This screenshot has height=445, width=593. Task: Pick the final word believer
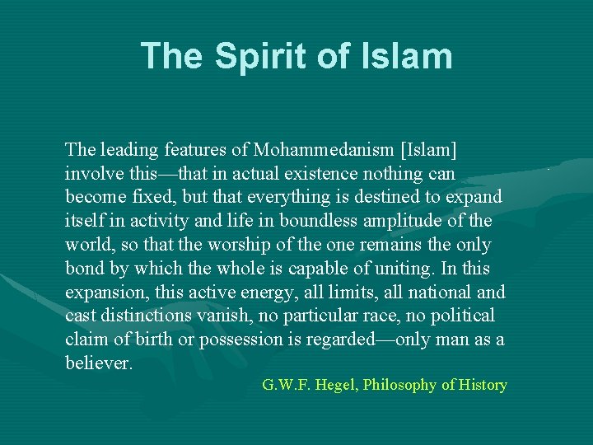tap(98, 363)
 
